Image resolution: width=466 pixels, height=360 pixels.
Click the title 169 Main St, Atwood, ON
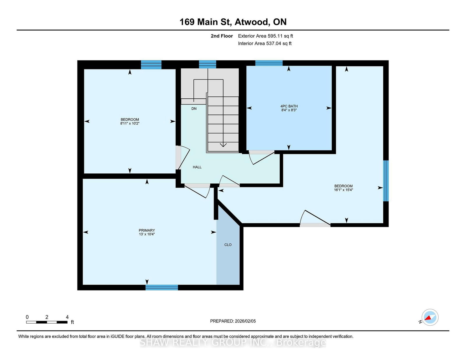(x=233, y=22)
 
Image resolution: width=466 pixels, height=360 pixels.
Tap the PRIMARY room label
(x=147, y=230)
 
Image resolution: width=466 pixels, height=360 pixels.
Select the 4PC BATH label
(x=289, y=106)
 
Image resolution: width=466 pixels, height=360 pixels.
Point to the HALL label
(x=197, y=167)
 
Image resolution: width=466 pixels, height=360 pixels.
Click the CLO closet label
(x=228, y=245)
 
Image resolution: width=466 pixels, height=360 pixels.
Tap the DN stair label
(x=194, y=109)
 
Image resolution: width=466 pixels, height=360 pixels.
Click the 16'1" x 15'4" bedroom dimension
(x=343, y=190)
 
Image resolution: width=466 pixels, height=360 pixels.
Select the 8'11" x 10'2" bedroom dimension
(x=130, y=123)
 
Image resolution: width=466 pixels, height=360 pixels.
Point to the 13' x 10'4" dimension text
(x=147, y=234)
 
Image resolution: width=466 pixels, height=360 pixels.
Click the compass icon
(x=430, y=317)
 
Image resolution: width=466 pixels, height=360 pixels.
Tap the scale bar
(x=47, y=322)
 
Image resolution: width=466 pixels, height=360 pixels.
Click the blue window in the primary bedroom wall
(x=162, y=288)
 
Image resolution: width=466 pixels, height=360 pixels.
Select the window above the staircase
(x=207, y=64)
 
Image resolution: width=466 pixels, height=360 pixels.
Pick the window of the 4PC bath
(x=269, y=63)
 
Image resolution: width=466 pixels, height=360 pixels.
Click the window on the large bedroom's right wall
(x=386, y=181)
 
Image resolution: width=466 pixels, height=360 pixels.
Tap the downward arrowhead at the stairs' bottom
(x=223, y=145)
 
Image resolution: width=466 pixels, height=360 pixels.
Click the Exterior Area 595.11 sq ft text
(x=266, y=36)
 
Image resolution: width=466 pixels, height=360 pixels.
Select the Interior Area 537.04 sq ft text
(x=265, y=43)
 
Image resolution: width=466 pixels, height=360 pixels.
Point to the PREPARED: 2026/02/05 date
(x=233, y=321)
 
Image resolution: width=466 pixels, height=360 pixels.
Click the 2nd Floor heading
(x=222, y=36)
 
